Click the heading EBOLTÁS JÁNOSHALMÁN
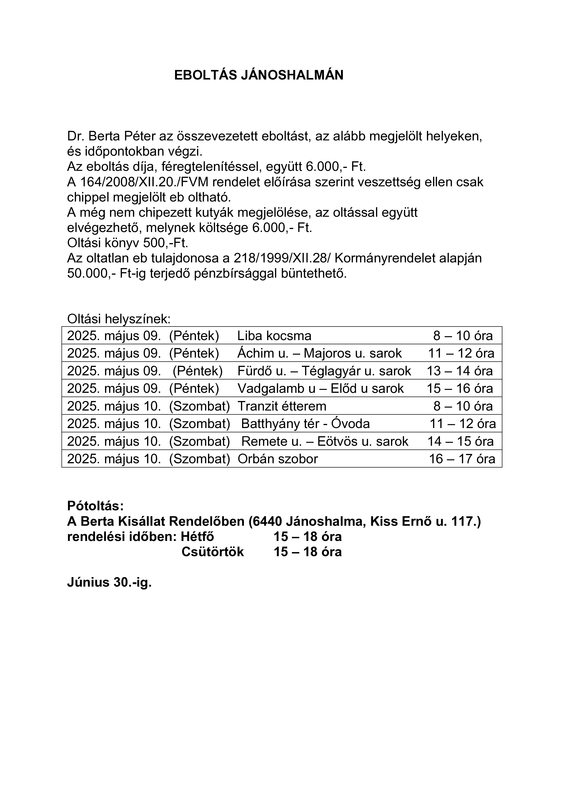click(x=259, y=75)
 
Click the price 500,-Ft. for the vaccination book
click(x=166, y=243)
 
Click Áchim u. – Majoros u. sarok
click(x=319, y=353)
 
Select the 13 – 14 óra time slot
click(x=459, y=371)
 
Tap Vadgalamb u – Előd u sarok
click(x=321, y=389)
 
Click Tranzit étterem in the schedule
click(x=282, y=406)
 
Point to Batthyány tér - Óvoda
click(x=306, y=424)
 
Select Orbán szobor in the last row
click(x=278, y=459)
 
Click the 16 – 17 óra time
click(x=462, y=459)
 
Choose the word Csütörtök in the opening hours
click(x=213, y=552)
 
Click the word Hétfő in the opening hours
click(x=197, y=537)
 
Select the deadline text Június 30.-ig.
click(x=109, y=582)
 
